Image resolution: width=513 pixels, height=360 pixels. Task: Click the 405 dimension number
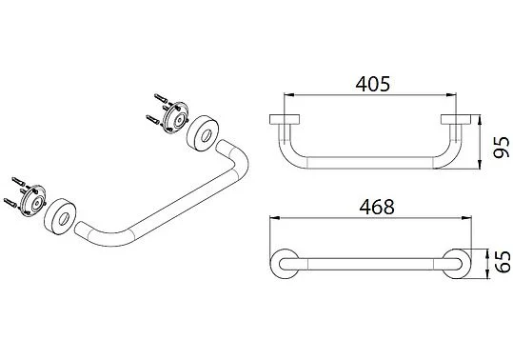pyautogui.click(x=373, y=84)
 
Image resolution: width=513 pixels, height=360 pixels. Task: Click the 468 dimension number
pyautogui.click(x=377, y=207)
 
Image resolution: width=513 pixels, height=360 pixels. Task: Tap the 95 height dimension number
pyautogui.click(x=502, y=148)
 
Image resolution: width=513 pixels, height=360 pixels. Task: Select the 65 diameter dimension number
pyautogui.click(x=503, y=262)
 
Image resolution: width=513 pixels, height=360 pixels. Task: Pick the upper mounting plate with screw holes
pyautogui.click(x=176, y=117)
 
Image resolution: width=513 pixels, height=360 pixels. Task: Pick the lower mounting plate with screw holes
pyautogui.click(x=32, y=201)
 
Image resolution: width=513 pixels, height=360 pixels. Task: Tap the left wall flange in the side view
pyautogui.click(x=285, y=119)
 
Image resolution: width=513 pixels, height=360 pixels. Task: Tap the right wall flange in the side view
pyautogui.click(x=456, y=119)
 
